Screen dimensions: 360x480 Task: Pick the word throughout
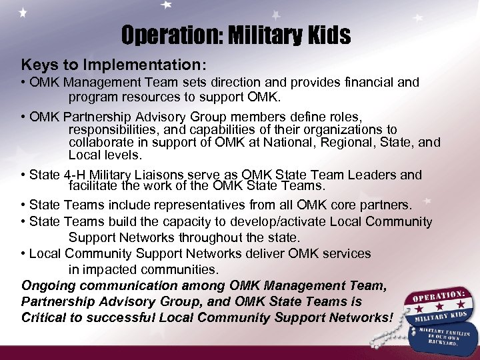click(x=225, y=237)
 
